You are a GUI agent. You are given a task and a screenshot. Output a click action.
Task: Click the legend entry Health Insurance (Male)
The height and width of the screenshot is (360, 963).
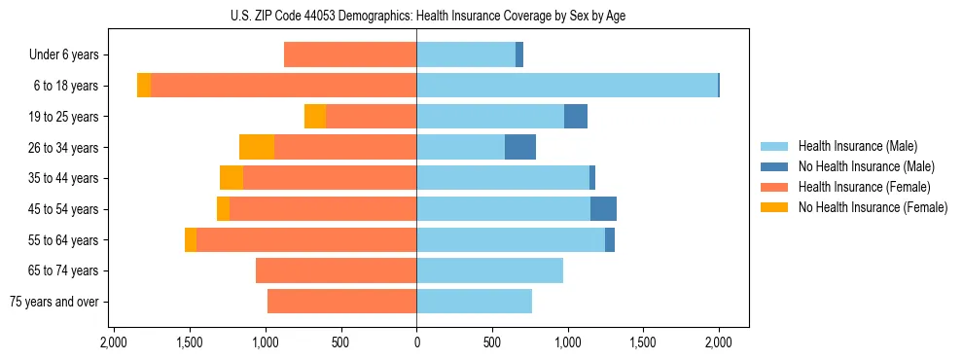857,146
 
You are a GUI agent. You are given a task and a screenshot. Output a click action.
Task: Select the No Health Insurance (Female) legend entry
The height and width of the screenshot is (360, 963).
872,207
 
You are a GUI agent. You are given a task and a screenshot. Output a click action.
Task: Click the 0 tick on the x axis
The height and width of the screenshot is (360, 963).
416,342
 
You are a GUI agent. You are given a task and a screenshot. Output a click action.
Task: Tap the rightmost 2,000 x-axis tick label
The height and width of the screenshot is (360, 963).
719,342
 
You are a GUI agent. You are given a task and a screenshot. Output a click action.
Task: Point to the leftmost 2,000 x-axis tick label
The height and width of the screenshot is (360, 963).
114,342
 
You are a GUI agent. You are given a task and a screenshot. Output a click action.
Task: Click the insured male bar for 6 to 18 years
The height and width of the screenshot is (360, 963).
567,86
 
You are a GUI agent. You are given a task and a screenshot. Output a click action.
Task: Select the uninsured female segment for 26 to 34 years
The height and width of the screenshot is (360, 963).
257,147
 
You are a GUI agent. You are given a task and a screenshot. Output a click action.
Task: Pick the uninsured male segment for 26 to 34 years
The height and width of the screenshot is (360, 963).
520,147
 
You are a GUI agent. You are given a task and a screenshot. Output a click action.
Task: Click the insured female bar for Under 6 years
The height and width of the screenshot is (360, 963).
350,54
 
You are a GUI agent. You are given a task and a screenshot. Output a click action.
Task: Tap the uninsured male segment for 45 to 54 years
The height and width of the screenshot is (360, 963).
603,209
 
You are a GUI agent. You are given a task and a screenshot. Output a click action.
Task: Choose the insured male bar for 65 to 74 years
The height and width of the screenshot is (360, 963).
489,270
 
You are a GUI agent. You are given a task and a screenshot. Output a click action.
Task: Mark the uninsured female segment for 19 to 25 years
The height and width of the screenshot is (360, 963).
315,117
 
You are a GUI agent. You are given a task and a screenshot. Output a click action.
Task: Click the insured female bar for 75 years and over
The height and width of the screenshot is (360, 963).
341,302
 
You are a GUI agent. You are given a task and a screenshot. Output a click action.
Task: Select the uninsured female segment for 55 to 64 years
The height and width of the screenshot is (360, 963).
191,240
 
